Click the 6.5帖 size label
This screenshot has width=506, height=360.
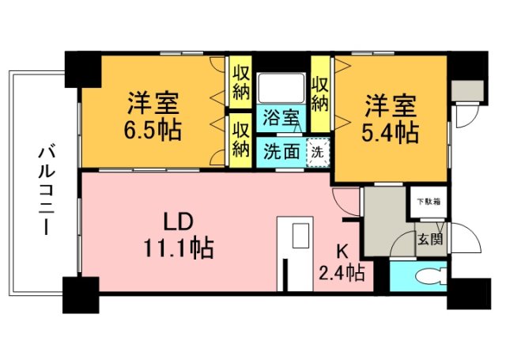153,129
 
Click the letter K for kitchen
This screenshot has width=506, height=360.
342,252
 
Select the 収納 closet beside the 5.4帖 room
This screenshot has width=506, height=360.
320,93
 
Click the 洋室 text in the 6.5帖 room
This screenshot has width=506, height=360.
153,103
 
